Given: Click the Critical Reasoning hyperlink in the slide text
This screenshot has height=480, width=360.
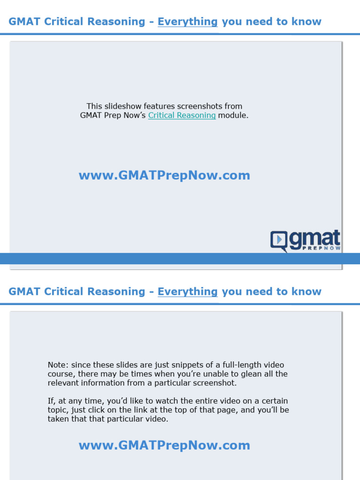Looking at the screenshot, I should [x=182, y=115].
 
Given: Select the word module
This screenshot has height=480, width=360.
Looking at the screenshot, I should [x=233, y=115].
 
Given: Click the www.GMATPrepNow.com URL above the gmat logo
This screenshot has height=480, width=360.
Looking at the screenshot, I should [x=164, y=175].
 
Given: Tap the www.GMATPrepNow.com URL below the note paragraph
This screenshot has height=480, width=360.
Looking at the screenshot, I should [x=164, y=445].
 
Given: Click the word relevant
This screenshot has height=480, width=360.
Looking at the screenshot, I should [x=63, y=383].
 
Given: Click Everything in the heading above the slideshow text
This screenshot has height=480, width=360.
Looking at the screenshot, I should [x=187, y=22].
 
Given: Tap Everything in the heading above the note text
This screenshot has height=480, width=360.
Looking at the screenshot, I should [x=187, y=292].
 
